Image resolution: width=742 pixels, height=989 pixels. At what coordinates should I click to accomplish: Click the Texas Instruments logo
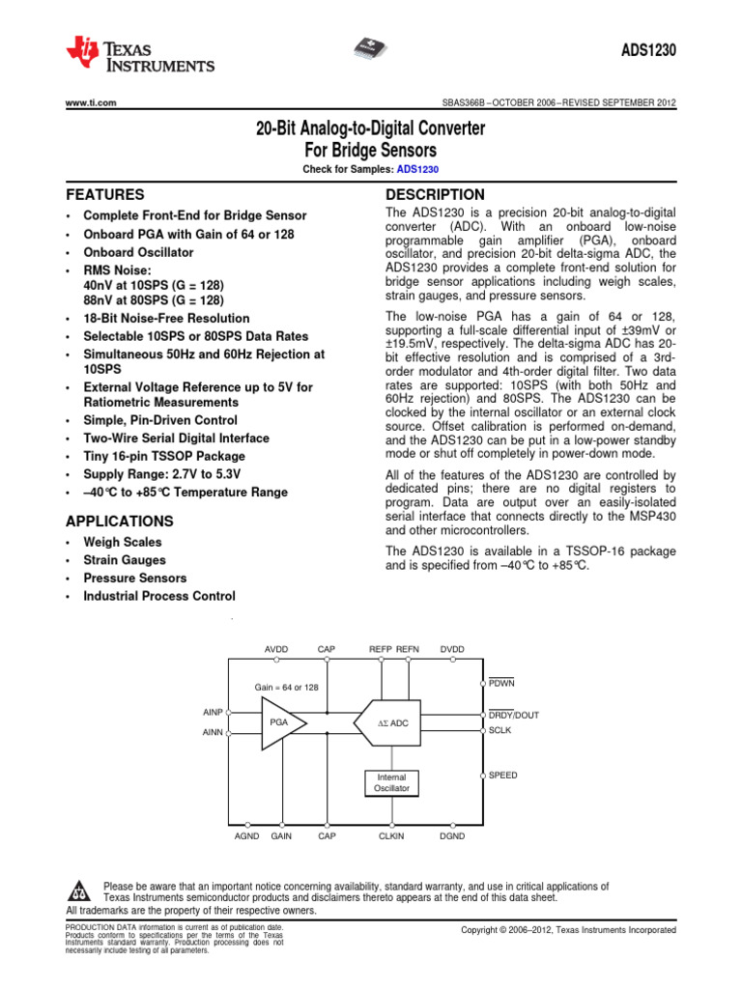tap(140, 55)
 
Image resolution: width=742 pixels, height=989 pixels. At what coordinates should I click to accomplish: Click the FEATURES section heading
tap(104, 194)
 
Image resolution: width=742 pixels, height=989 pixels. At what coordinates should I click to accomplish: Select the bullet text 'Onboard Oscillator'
tap(138, 252)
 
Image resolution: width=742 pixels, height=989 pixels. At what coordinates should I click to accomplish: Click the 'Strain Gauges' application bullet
tap(125, 560)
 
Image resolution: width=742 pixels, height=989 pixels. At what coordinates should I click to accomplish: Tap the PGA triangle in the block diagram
tap(280, 722)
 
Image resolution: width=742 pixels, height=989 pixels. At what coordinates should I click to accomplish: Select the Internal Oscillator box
tap(392, 782)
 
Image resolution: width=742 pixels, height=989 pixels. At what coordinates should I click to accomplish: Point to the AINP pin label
tap(214, 713)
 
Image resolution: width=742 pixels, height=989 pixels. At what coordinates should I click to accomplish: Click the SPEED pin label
tap(502, 775)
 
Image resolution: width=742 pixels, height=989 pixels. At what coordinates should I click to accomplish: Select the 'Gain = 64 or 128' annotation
tap(286, 687)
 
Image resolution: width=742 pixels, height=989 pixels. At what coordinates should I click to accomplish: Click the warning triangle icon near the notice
tap(80, 890)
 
